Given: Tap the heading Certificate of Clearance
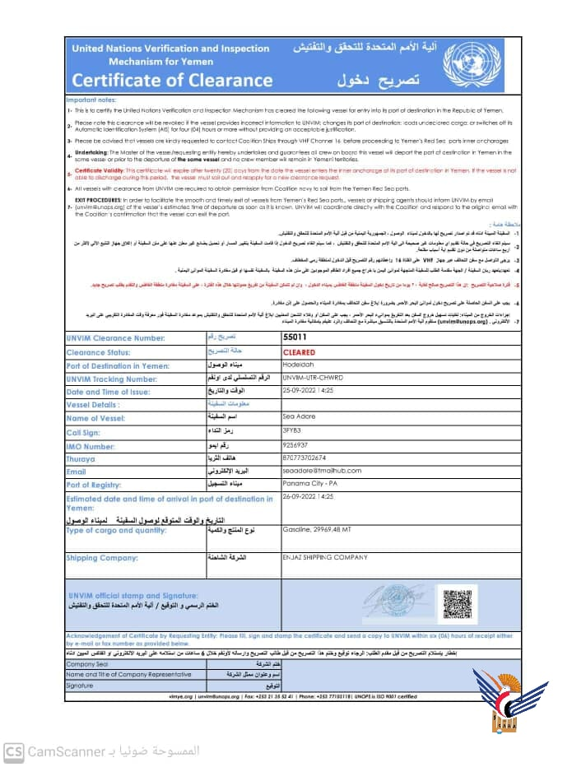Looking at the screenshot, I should click(160, 81).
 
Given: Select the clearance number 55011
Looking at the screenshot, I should click(294, 360).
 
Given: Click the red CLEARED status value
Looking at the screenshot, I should click(300, 374).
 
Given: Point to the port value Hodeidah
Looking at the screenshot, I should click(300, 388).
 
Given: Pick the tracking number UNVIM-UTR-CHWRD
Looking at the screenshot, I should click(315, 401).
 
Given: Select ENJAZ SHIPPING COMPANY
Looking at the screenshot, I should click(324, 557).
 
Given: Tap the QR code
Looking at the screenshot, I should click(456, 602).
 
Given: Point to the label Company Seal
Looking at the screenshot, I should click(87, 663).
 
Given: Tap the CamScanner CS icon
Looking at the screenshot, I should click(13, 751).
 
